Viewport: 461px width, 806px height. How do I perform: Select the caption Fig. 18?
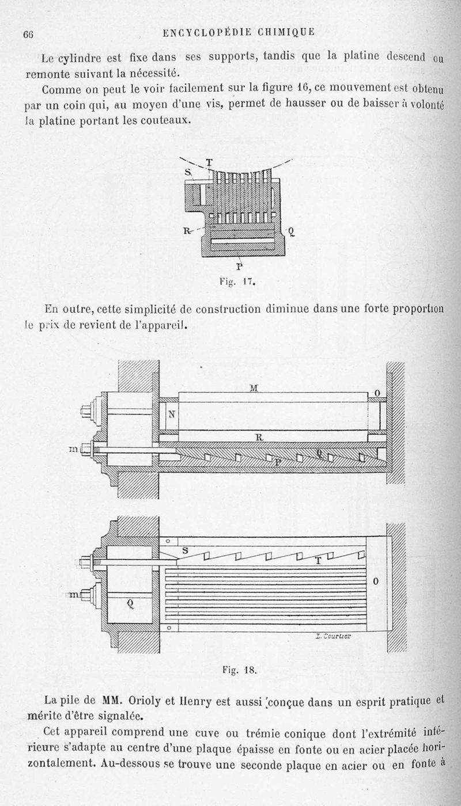(239, 670)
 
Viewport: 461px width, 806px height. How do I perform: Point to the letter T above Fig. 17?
(209, 162)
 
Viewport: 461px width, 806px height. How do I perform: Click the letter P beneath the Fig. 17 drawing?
(239, 266)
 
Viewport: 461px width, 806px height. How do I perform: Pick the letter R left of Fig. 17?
(186, 231)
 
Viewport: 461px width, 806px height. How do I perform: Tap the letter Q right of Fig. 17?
(292, 232)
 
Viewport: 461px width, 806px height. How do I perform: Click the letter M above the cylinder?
(254, 388)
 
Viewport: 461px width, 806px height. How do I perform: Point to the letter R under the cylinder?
(259, 438)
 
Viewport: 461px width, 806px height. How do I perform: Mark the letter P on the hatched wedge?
(278, 461)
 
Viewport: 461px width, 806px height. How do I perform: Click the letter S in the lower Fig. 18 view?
(185, 550)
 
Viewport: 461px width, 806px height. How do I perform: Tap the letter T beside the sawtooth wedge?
(318, 561)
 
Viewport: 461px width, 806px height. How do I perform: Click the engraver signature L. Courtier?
(334, 636)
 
